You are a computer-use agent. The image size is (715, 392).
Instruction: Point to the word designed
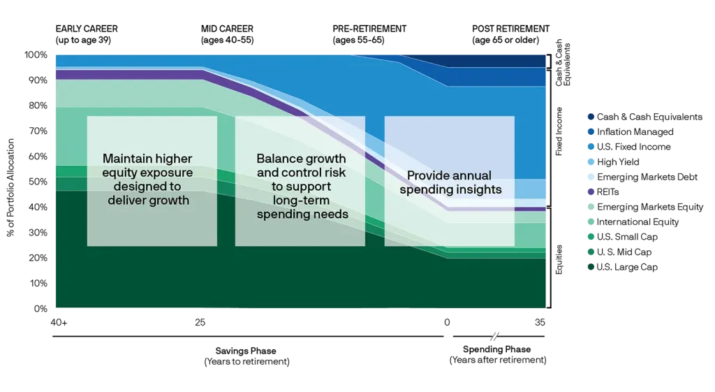[x=137, y=187]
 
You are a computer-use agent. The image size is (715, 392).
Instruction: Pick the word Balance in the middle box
[x=279, y=159]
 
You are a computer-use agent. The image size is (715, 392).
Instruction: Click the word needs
[x=332, y=215]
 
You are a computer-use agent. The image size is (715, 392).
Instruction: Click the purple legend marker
[x=591, y=191]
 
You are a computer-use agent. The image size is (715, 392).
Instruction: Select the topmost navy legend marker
[x=591, y=117]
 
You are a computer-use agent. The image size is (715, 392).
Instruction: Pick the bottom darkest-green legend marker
[x=591, y=268]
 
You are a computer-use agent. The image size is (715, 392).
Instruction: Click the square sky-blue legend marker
[x=591, y=162]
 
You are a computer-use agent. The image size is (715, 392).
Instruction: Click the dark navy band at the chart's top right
[x=496, y=61]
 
